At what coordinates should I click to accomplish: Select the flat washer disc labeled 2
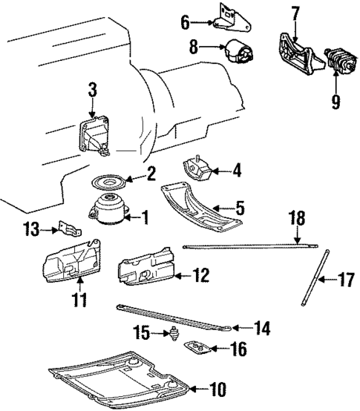pos(107,182)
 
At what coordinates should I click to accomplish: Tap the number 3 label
pos(92,91)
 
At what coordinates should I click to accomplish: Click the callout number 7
pos(295,13)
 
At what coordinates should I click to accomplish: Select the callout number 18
pos(297,218)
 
